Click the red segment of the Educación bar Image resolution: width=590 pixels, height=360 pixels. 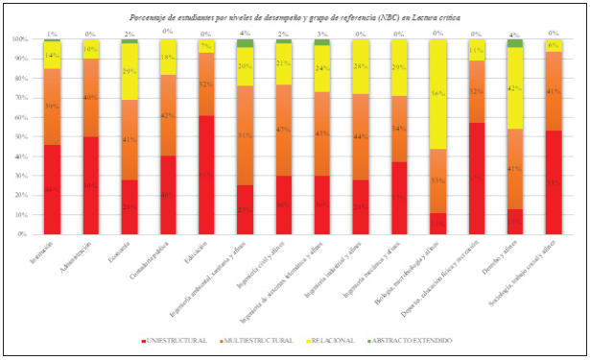tap(205, 175)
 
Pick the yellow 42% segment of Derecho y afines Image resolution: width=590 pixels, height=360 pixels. tap(515, 88)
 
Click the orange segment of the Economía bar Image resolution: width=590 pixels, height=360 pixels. tap(128, 139)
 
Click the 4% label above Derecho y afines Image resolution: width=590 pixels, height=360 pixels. tap(515, 34)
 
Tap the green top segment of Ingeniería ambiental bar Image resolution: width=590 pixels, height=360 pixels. tap(245, 43)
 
